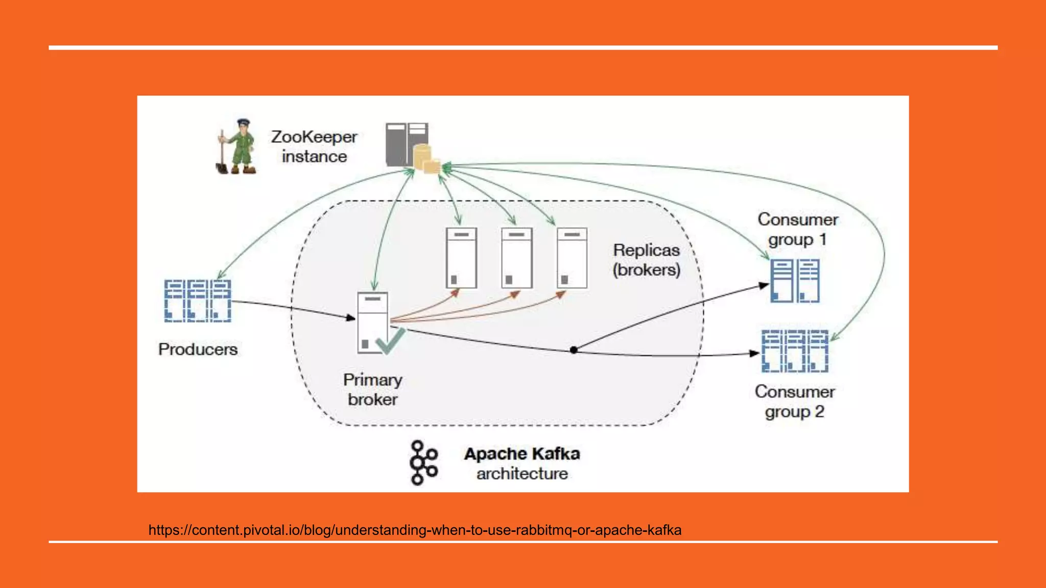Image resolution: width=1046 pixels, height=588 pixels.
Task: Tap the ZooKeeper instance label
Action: tap(314, 146)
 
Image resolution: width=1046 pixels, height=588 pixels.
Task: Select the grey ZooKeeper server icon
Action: tap(407, 144)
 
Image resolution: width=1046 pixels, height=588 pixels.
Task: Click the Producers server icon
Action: tap(198, 301)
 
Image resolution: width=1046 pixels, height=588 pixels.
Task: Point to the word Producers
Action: tap(198, 350)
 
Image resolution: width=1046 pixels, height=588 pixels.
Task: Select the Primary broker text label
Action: tap(372, 389)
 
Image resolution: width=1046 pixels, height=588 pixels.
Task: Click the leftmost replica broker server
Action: tap(461, 258)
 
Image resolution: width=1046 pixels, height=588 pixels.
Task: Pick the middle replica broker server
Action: tap(516, 258)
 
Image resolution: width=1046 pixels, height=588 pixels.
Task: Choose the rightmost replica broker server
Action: tap(572, 258)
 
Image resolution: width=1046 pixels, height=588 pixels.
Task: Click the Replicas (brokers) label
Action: tap(647, 260)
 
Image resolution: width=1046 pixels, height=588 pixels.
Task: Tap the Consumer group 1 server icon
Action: tap(795, 281)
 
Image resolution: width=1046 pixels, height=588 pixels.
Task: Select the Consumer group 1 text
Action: tap(797, 229)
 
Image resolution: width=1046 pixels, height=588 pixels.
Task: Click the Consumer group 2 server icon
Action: tap(795, 351)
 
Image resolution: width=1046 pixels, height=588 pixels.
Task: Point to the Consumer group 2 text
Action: tap(795, 402)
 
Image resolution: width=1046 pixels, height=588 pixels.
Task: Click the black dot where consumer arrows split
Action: tap(574, 350)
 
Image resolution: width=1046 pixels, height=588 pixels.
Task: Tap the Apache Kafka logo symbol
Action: tap(423, 462)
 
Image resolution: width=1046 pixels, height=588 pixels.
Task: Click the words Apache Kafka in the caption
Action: tap(522, 454)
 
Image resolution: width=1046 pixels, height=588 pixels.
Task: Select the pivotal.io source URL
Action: tap(415, 530)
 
